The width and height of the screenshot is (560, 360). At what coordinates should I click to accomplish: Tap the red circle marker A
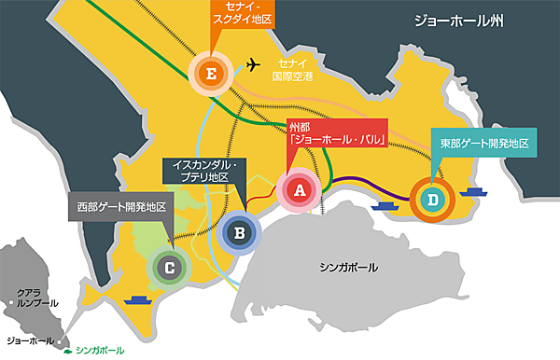[x=300, y=190]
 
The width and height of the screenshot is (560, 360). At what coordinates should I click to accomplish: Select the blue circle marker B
[x=239, y=231]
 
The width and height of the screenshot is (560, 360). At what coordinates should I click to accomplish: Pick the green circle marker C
[x=169, y=268]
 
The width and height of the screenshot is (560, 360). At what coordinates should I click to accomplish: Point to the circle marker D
[x=432, y=199]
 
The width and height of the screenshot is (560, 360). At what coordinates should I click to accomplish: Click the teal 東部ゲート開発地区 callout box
[x=483, y=145]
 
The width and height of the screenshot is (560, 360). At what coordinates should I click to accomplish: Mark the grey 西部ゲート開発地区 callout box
[x=120, y=206]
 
